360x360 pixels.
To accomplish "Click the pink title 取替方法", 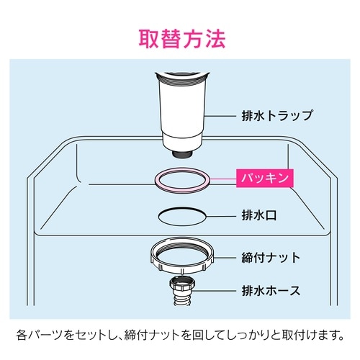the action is click(x=182, y=39).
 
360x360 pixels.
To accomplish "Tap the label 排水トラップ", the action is click(x=277, y=116).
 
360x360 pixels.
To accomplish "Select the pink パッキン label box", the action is click(x=265, y=178).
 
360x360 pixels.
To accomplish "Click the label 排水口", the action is click(x=259, y=215).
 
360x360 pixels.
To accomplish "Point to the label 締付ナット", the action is click(x=271, y=258).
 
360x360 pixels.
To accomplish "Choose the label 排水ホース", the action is click(x=271, y=291).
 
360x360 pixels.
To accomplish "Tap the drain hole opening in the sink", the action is click(x=182, y=217).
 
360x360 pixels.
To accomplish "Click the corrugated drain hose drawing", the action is click(x=182, y=291).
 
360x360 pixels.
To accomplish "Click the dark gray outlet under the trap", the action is click(x=182, y=153).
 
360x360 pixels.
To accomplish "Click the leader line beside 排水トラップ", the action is click(x=221, y=116).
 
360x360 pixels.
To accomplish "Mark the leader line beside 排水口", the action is click(x=221, y=216).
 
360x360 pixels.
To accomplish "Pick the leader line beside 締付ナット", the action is click(x=225, y=258).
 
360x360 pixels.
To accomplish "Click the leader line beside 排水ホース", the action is click(x=216, y=291).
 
